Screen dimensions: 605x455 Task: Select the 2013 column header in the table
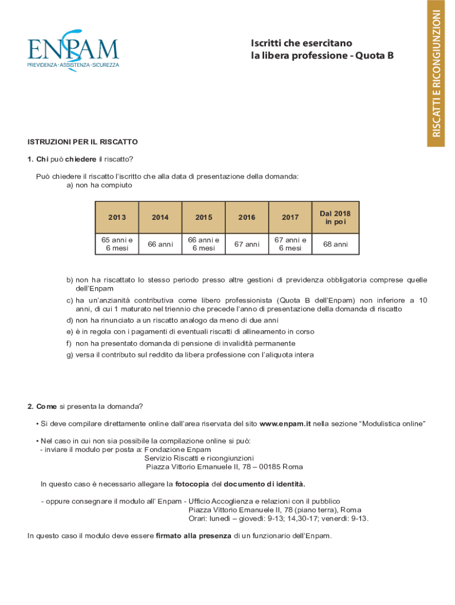pyautogui.click(x=117, y=217)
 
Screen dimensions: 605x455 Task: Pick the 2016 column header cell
pyautogui.click(x=247, y=217)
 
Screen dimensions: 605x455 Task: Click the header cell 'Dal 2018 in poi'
pyautogui.click(x=335, y=217)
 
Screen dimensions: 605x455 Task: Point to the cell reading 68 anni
pyautogui.click(x=335, y=244)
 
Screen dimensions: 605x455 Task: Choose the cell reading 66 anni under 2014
pyautogui.click(x=160, y=244)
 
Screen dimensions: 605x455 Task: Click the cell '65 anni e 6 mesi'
pyautogui.click(x=117, y=244)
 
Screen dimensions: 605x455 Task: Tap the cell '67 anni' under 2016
pyautogui.click(x=247, y=244)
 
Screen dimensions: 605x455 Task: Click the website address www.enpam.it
pyautogui.click(x=285, y=424)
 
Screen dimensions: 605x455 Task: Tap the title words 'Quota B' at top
pyautogui.click(x=374, y=56)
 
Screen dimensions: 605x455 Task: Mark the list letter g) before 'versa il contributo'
pyautogui.click(x=70, y=354)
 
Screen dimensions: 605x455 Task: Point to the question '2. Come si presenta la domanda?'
pyautogui.click(x=85, y=406)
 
